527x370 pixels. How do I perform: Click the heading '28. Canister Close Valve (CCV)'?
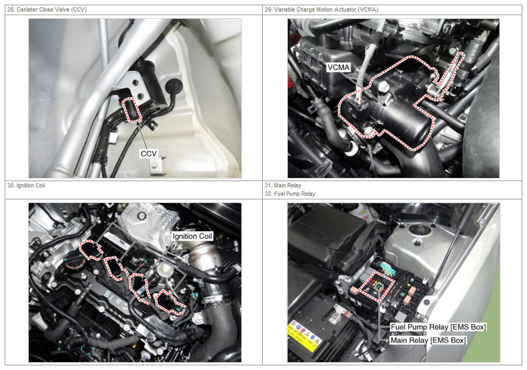47,9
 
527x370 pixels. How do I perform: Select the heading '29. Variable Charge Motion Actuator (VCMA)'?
321,9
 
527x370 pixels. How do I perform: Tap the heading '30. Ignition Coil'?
26,185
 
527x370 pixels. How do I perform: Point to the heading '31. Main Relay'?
283,185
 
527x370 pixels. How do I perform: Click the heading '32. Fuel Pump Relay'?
290,194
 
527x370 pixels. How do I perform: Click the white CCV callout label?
148,153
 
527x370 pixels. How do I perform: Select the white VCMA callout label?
338,67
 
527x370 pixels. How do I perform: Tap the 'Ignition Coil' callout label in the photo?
192,236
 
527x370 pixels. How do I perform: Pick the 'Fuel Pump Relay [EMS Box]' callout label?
438,327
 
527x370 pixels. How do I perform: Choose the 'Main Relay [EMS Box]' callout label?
428,340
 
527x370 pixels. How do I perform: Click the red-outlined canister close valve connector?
132,110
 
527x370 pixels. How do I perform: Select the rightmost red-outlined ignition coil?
170,302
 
